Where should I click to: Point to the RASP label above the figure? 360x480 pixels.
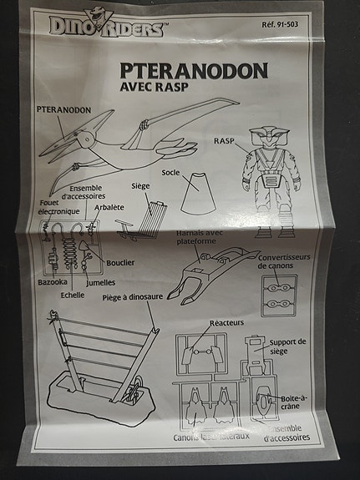click(x=226, y=142)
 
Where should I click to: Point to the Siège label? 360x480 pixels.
click(x=140, y=186)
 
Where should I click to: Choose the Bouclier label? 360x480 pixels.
click(x=120, y=262)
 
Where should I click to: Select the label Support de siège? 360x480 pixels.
click(x=290, y=347)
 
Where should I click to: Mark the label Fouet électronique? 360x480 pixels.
click(x=58, y=206)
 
